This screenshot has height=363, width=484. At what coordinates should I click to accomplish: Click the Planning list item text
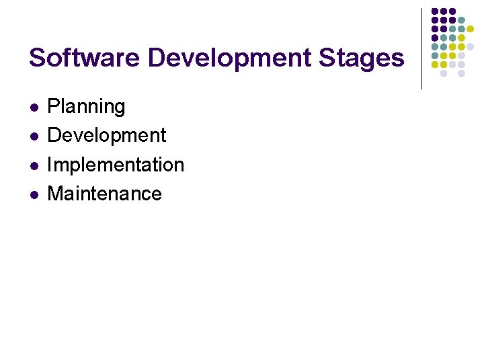click(86, 107)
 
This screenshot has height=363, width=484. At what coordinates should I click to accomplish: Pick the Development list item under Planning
click(107, 135)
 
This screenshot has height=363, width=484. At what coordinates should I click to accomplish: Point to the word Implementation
click(116, 165)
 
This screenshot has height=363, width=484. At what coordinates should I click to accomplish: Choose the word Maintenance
click(105, 194)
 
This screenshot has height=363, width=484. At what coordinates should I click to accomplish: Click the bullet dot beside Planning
click(33, 108)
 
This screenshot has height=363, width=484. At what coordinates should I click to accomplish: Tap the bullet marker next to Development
click(33, 136)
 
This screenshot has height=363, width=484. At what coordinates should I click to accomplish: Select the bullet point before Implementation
click(33, 165)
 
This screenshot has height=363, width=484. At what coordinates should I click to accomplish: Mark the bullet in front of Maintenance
click(33, 194)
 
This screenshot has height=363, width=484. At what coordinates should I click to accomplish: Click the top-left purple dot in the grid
click(435, 11)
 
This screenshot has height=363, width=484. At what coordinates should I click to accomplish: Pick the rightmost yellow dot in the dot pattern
click(470, 28)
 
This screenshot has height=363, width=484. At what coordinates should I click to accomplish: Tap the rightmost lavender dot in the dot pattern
click(470, 46)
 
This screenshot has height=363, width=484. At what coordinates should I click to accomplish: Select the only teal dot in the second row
click(461, 19)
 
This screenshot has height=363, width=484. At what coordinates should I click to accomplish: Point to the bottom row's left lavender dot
click(444, 73)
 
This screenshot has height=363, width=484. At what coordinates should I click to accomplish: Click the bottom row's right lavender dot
click(461, 73)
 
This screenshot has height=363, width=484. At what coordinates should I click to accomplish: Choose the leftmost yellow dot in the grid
click(435, 65)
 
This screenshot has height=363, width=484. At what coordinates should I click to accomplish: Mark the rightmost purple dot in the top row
click(452, 11)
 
